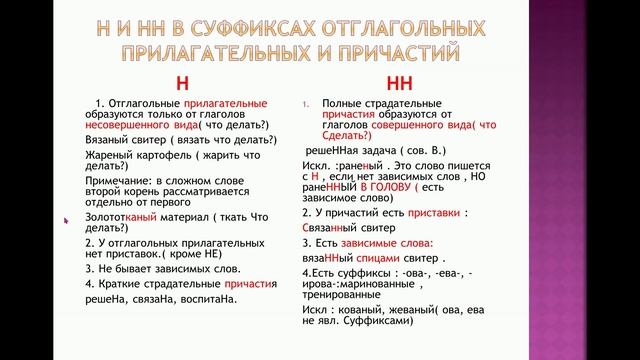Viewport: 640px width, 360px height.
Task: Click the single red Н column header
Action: coord(181,82)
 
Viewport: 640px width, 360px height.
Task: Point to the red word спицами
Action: coord(376,258)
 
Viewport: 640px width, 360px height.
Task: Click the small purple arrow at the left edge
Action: coord(66,218)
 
